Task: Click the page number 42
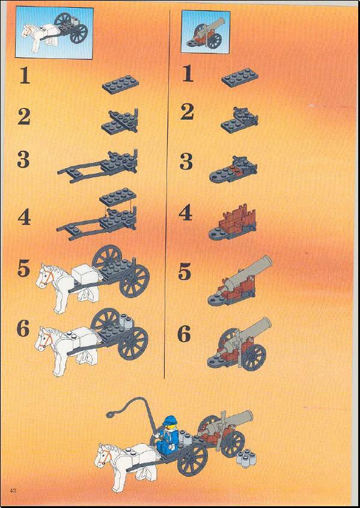(x=13, y=490)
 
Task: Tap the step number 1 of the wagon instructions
(x=24, y=76)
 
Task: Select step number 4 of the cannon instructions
(x=186, y=213)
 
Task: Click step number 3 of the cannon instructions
(x=186, y=161)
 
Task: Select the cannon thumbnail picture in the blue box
(x=206, y=31)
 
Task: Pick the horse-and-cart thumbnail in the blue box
(x=54, y=32)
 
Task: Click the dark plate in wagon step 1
(x=120, y=84)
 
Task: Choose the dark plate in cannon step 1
(x=240, y=78)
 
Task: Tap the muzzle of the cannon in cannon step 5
(x=266, y=262)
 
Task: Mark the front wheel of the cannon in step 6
(x=254, y=357)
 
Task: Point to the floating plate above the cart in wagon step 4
(x=118, y=197)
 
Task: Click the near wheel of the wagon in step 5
(x=135, y=281)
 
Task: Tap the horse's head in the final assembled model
(x=103, y=456)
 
